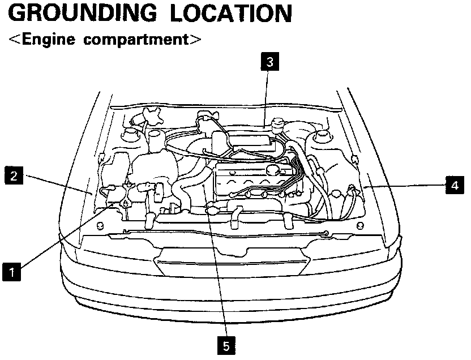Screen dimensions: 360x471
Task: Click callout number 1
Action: coord(12,272)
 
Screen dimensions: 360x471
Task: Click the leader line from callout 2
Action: coord(57,184)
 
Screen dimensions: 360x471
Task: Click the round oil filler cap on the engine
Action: coord(273,169)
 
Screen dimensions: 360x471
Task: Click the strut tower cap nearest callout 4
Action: coord(322,136)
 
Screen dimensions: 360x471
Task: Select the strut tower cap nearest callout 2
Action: coord(131,135)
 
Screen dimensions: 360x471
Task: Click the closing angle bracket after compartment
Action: coord(196,40)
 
